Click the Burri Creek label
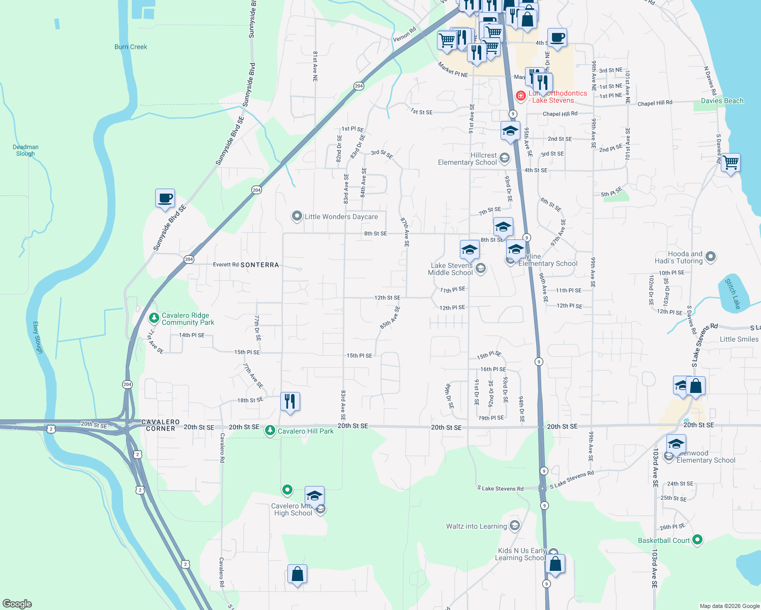tap(131, 47)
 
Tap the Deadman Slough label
tap(25, 150)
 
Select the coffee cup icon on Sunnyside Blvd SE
tap(165, 198)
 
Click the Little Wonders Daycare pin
tap(297, 217)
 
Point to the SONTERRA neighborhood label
tap(259, 265)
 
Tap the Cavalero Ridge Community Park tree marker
tap(154, 318)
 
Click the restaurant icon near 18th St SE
tap(289, 401)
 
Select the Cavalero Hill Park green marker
tap(270, 431)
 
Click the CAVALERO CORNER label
tap(160, 425)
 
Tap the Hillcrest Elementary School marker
tap(504, 158)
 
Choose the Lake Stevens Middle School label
tap(451, 269)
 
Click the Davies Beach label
tap(722, 101)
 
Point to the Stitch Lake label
tap(733, 293)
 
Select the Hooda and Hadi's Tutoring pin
tap(711, 257)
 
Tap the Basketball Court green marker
tap(697, 540)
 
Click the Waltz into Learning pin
tap(514, 526)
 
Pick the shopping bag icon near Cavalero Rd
tap(297, 574)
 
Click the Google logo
tap(17, 604)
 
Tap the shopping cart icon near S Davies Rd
tap(730, 163)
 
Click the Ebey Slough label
tap(38, 338)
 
